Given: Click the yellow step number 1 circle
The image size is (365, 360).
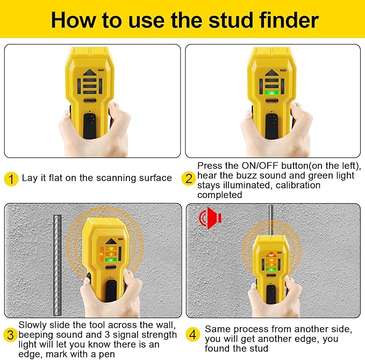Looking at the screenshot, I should coord(11,178).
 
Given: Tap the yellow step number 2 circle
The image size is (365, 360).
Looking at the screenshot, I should coord(189,178).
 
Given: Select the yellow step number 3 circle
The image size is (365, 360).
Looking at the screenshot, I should coord(11,335).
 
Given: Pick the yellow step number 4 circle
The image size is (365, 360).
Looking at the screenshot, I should coord(192,335).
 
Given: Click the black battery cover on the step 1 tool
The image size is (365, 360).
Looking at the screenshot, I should coord(90,124).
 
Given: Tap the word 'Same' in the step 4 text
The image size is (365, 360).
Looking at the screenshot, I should coord(217,328).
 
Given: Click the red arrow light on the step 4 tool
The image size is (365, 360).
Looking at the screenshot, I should coord(271,253).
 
